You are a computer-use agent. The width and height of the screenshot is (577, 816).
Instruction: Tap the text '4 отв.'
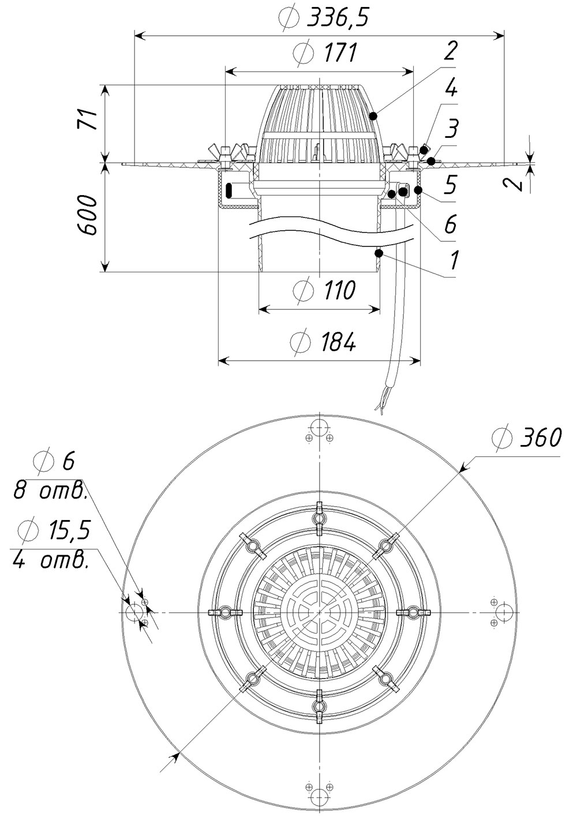pos(51,560)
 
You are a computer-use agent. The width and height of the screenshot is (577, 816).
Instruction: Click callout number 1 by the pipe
pos(454,260)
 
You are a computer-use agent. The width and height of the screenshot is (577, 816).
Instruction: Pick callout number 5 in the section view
pos(451,185)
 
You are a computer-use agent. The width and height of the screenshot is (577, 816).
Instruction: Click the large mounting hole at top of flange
pos(319,429)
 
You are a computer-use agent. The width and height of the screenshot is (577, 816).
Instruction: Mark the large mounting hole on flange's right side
pos(503,612)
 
